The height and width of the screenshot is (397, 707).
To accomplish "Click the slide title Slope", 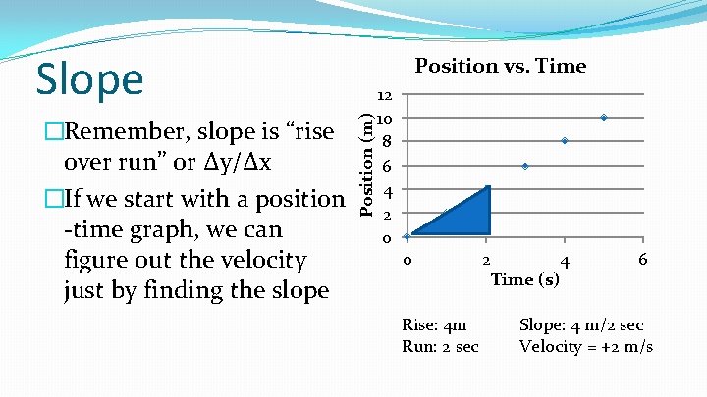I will pyautogui.click(x=89, y=78).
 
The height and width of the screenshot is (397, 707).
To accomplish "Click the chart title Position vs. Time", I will pyautogui.click(x=501, y=66).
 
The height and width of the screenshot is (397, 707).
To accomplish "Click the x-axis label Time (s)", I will pyautogui.click(x=525, y=280).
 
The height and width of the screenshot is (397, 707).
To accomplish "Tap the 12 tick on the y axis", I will pyautogui.click(x=385, y=96).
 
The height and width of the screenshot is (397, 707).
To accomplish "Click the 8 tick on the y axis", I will pyautogui.click(x=388, y=142).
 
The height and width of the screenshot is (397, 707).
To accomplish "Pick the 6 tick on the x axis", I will pyautogui.click(x=642, y=260).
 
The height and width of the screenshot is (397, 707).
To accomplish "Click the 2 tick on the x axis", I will pyautogui.click(x=485, y=260).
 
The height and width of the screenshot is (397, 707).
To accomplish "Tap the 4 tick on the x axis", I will pyautogui.click(x=564, y=262).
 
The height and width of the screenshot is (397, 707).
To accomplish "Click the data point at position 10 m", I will pyautogui.click(x=604, y=118).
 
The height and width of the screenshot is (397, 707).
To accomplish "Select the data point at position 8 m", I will pyautogui.click(x=565, y=141).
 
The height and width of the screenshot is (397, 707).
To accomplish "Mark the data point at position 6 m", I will pyautogui.click(x=525, y=166).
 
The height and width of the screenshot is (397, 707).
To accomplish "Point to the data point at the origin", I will pyautogui.click(x=408, y=236).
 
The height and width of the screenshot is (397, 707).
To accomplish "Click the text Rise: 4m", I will pyautogui.click(x=434, y=325).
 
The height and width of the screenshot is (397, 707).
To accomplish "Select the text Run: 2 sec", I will pyautogui.click(x=441, y=346).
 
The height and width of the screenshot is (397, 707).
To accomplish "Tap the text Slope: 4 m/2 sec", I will pyautogui.click(x=581, y=325).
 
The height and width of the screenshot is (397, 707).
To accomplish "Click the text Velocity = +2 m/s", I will pyautogui.click(x=586, y=346).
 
